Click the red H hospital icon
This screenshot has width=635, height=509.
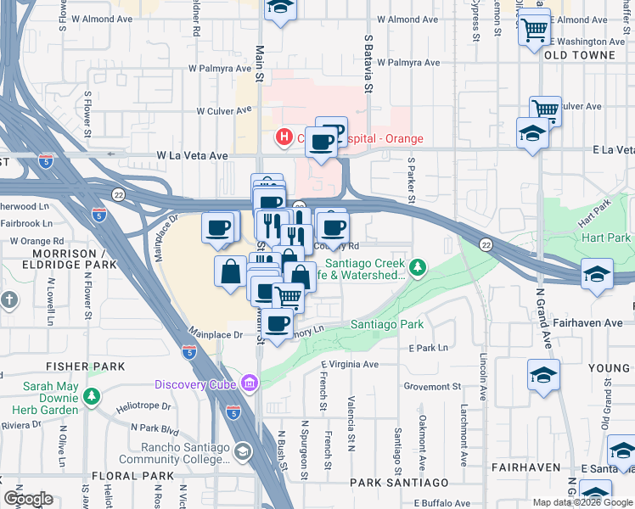[x=284, y=137]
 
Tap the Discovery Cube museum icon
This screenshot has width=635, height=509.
[x=249, y=383]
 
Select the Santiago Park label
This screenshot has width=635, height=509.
[x=387, y=325]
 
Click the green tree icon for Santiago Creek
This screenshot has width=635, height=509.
[x=417, y=269]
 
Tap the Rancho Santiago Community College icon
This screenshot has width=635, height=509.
[x=244, y=451]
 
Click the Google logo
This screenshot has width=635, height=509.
[x=28, y=500]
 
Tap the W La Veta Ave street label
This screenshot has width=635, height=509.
[x=193, y=156]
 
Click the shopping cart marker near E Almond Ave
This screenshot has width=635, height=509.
[x=534, y=30]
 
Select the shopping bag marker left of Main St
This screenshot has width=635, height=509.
[x=231, y=272]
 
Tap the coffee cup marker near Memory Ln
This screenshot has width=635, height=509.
[x=278, y=324]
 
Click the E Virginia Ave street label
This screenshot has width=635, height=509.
[x=351, y=365]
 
